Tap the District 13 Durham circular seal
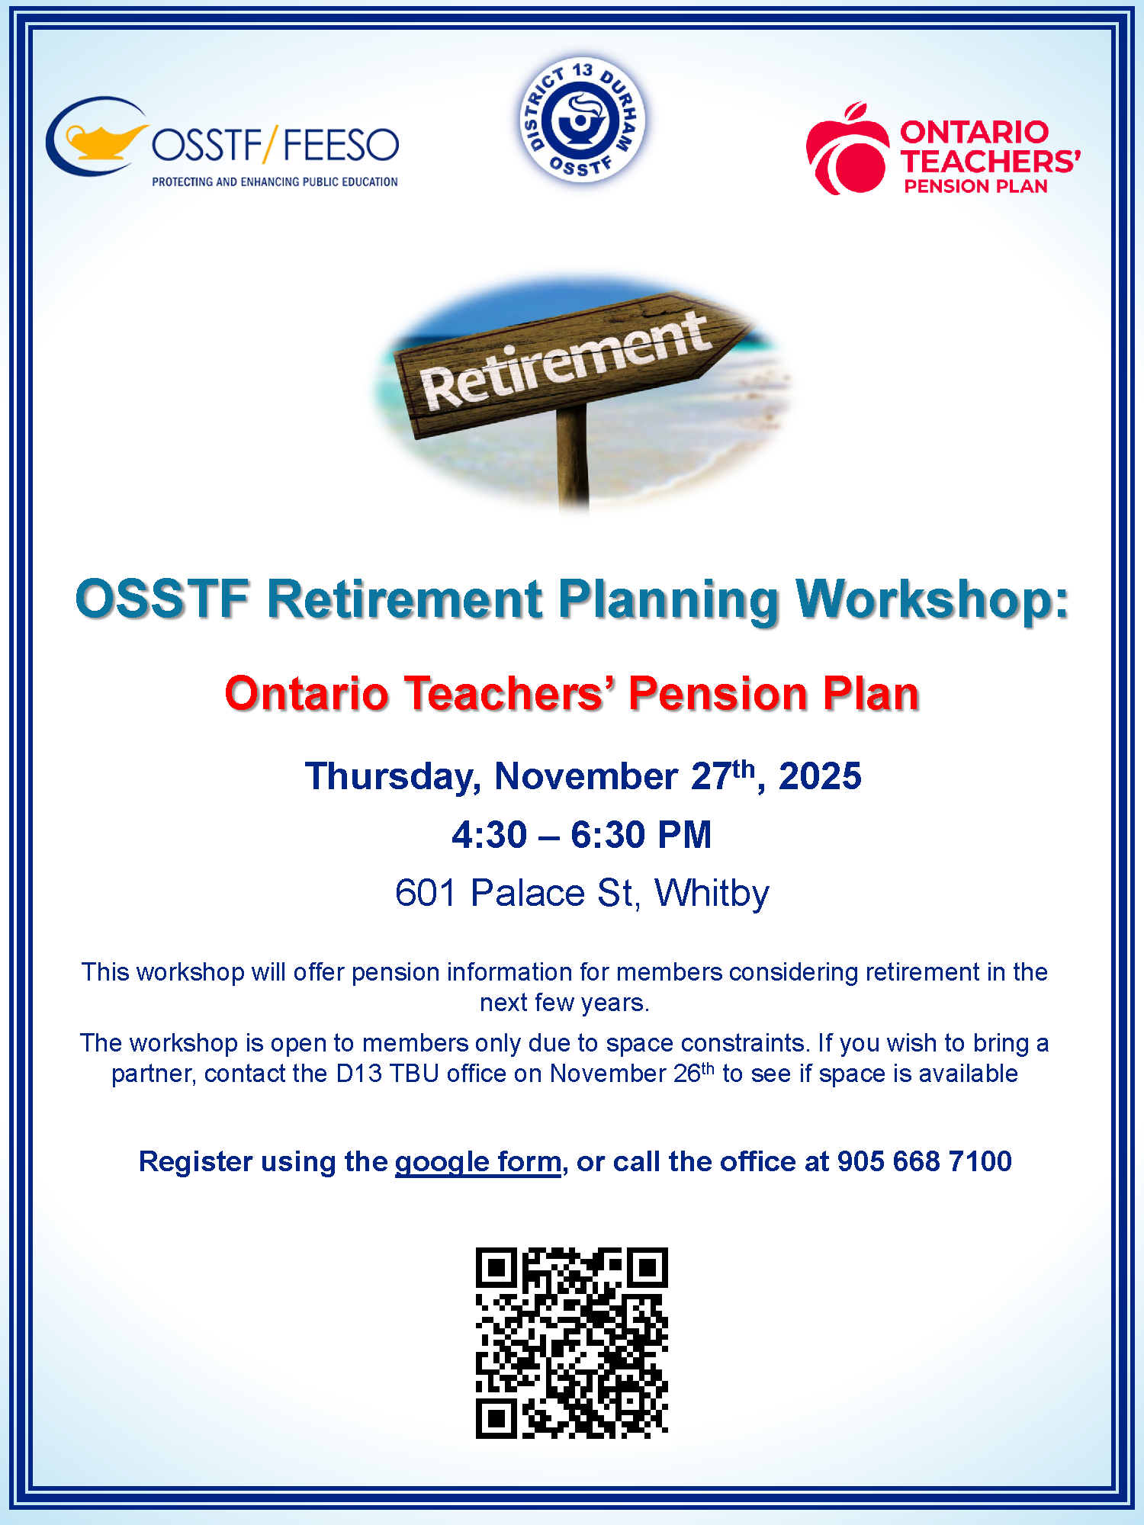pyautogui.click(x=582, y=120)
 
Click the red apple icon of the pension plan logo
pyautogui.click(x=847, y=149)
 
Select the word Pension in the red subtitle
pyautogui.click(x=717, y=694)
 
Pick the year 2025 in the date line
pyautogui.click(x=820, y=776)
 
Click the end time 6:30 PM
pyautogui.click(x=641, y=834)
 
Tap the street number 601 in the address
pyautogui.click(x=426, y=893)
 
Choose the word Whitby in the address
pyautogui.click(x=712, y=894)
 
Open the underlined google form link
pyautogui.click(x=478, y=1162)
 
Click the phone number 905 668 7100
pyautogui.click(x=924, y=1161)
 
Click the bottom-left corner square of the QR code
pyautogui.click(x=496, y=1418)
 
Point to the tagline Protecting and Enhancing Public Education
pyautogui.click(x=275, y=181)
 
